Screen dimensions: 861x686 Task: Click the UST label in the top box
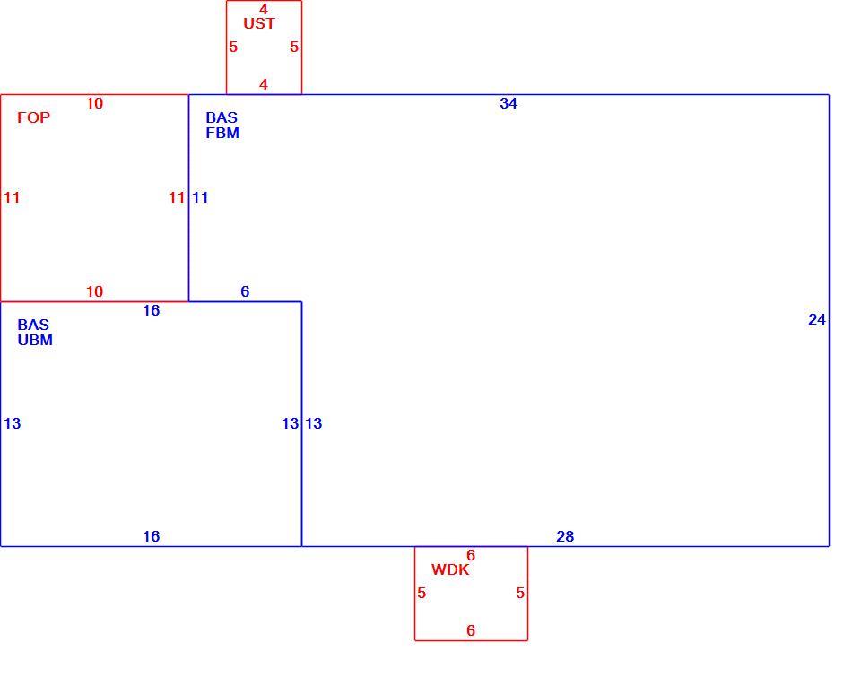pos(258,23)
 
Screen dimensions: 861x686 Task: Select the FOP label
pos(33,117)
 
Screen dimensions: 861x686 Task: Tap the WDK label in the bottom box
pos(450,569)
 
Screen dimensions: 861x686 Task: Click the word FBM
pos(222,133)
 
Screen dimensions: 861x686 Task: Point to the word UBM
pos(35,340)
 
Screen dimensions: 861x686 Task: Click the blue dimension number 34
pos(509,103)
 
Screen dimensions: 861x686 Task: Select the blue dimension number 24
pos(816,319)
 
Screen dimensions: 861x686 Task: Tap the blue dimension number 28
pos(565,536)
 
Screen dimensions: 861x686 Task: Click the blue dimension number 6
pos(245,291)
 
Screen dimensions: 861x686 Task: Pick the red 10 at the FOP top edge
pos(94,103)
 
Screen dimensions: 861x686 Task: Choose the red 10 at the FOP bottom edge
pos(94,291)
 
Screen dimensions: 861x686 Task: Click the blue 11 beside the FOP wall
pos(200,197)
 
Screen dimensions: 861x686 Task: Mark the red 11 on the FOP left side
pos(12,197)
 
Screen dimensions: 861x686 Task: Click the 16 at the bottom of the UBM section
pos(151,536)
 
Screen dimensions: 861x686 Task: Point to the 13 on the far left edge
pos(12,423)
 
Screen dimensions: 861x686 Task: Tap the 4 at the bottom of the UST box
pos(264,84)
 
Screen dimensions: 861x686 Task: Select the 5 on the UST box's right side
pos(294,48)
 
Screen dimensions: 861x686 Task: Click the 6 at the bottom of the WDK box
pos(471,630)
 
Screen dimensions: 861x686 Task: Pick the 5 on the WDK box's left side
pos(422,594)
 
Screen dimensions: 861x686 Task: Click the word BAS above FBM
pos(222,117)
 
